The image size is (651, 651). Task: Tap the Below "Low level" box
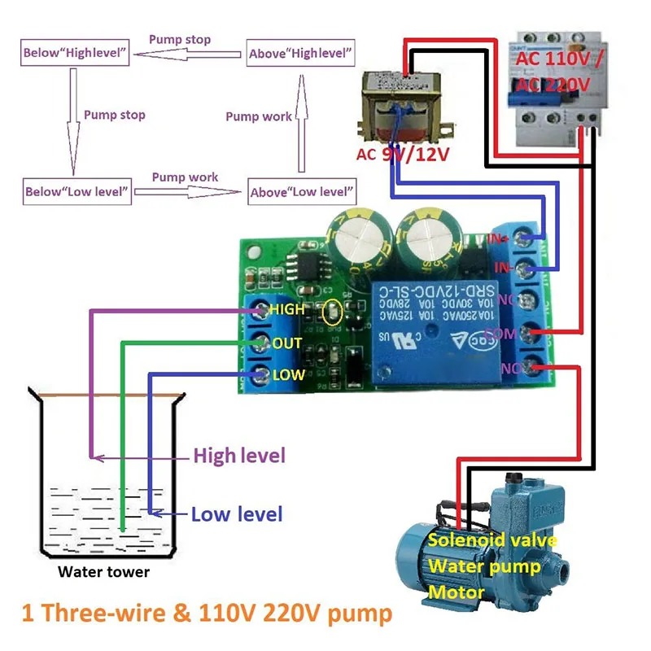(76, 192)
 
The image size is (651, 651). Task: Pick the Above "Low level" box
(302, 192)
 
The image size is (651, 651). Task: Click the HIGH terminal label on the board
(286, 310)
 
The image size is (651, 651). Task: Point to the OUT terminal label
(286, 343)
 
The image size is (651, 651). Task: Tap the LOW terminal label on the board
(287, 375)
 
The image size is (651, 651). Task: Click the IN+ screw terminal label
(499, 238)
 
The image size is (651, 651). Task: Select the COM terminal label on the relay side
(500, 334)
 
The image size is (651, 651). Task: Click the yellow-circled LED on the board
(331, 311)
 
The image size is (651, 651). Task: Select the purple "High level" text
(238, 456)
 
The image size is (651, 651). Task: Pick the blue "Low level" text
(236, 514)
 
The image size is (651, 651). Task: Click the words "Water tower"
(103, 572)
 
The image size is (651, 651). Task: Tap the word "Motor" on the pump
(456, 592)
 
